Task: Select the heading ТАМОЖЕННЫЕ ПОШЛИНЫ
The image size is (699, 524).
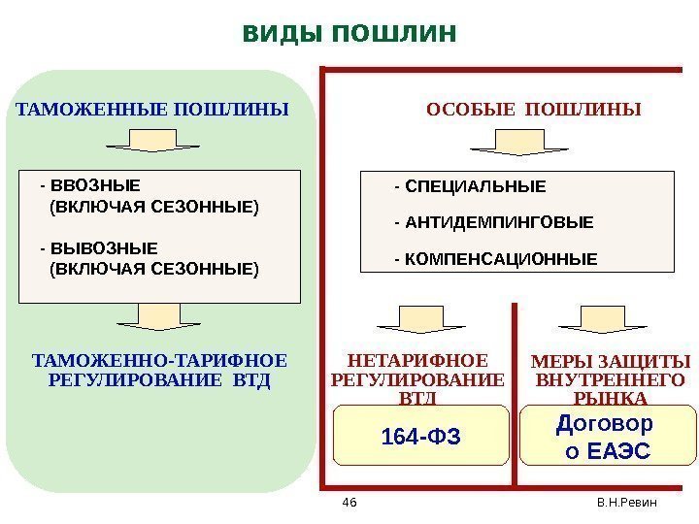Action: pos(153,110)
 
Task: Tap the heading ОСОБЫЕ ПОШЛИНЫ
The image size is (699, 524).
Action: pos(535,110)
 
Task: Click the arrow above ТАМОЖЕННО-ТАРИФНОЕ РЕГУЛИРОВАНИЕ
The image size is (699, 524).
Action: pos(152,317)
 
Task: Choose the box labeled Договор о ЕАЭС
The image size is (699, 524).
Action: pos(609,438)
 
